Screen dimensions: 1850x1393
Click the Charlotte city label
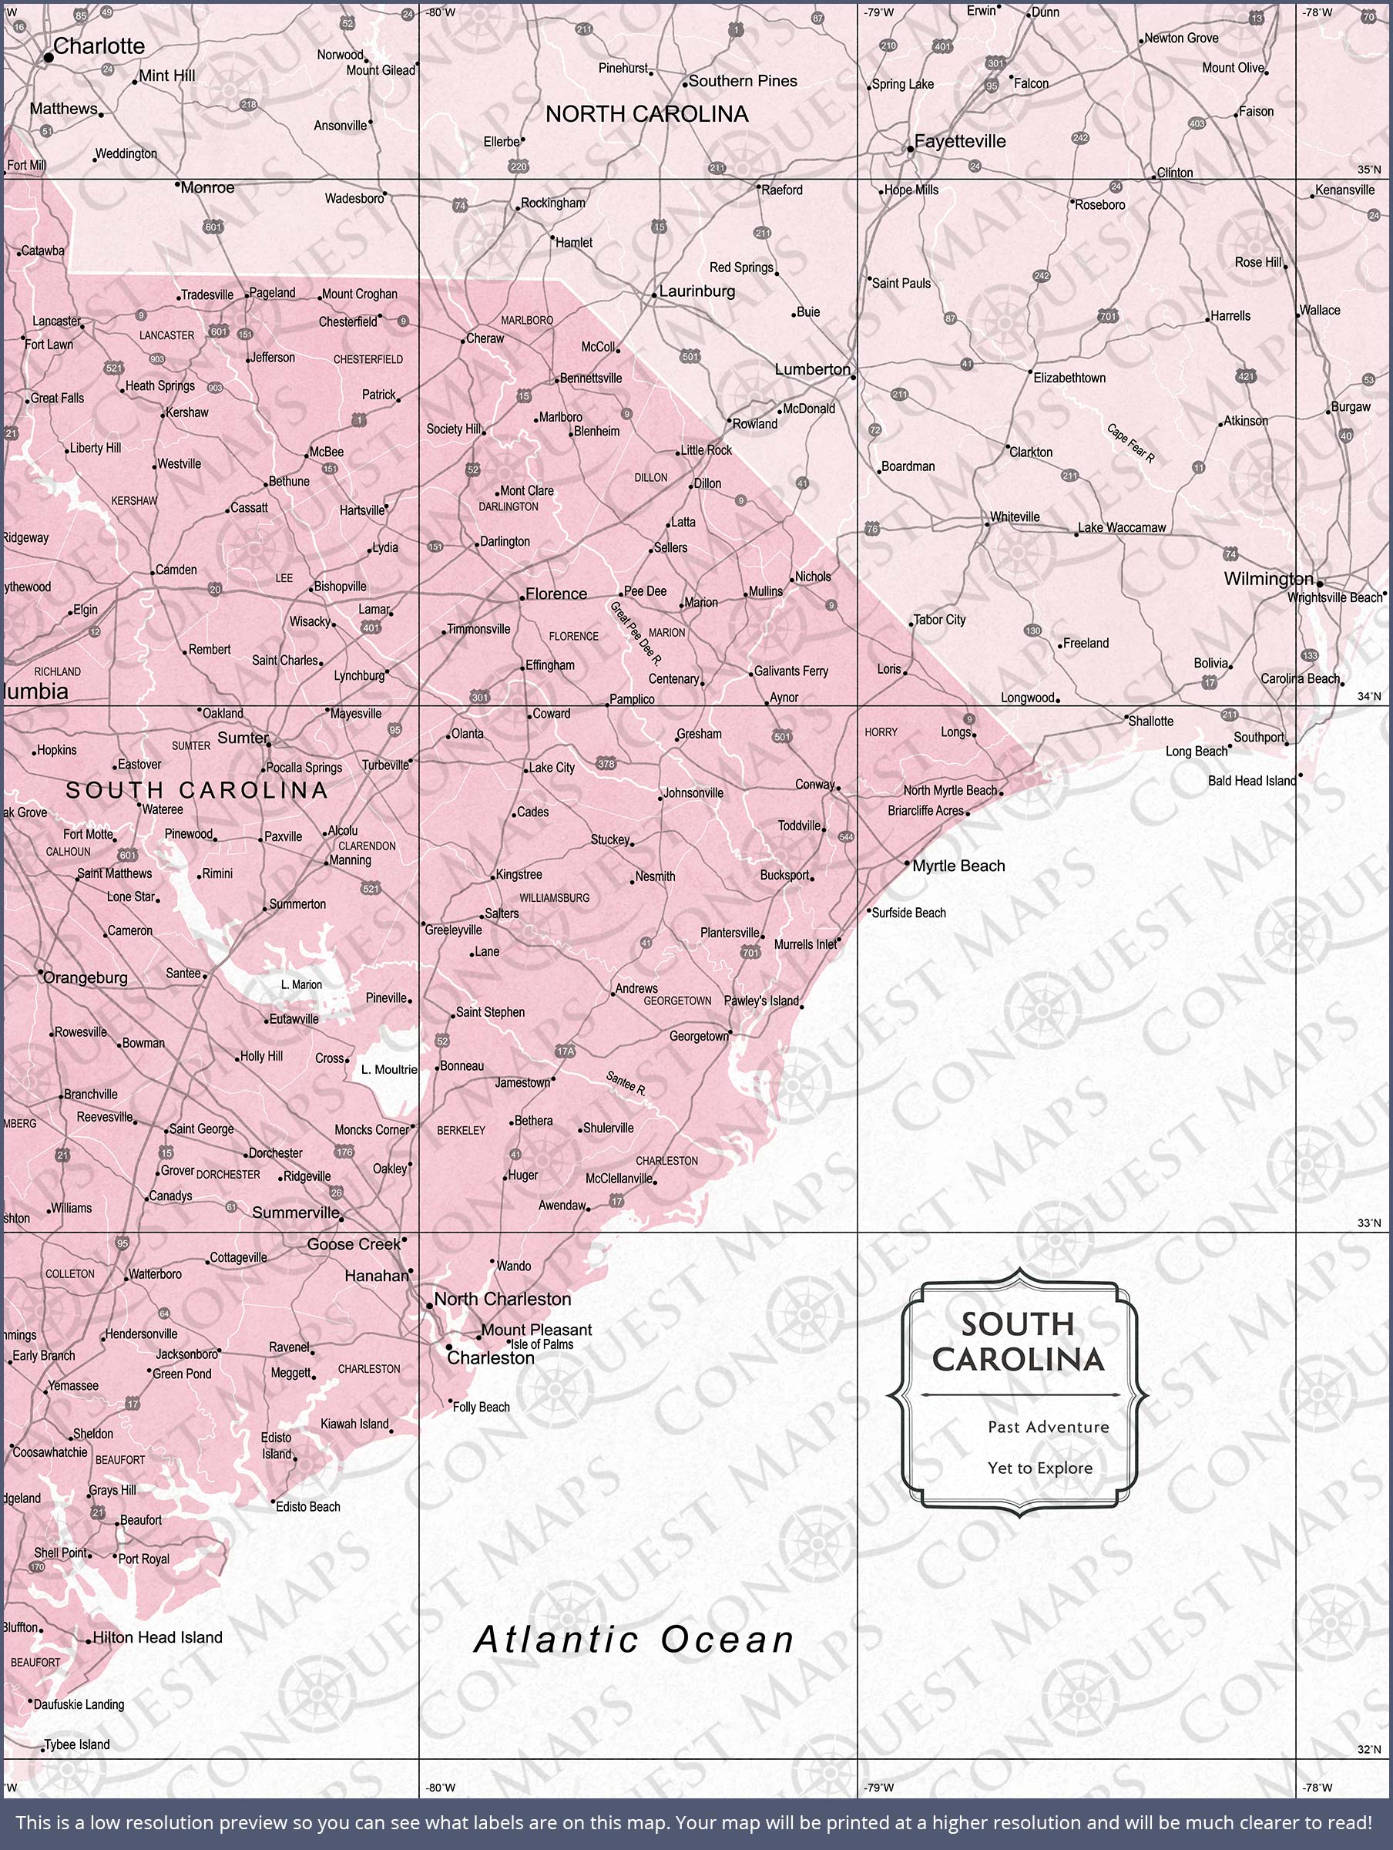click(x=99, y=47)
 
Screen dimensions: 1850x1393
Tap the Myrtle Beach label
click(x=958, y=866)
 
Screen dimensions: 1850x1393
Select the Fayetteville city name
click(x=960, y=141)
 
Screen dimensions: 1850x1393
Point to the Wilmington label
click(x=1268, y=579)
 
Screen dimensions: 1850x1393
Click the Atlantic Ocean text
click(x=635, y=1640)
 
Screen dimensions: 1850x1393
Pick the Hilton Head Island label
click(x=157, y=1637)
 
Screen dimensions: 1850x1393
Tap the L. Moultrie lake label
click(x=389, y=1069)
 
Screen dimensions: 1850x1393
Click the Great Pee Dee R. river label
click(x=636, y=633)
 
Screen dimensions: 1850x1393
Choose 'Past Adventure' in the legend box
click(x=1049, y=1427)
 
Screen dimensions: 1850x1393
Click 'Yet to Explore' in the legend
click(x=1040, y=1468)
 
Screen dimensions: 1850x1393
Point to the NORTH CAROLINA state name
click(x=646, y=115)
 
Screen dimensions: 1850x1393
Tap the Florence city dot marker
click(x=521, y=597)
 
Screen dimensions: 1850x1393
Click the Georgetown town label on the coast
click(x=699, y=1036)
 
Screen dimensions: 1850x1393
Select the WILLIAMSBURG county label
click(x=555, y=897)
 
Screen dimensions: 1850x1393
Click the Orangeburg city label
click(x=86, y=977)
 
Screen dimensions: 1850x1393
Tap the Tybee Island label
click(x=77, y=1744)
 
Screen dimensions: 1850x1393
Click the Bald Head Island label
click(x=1252, y=780)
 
